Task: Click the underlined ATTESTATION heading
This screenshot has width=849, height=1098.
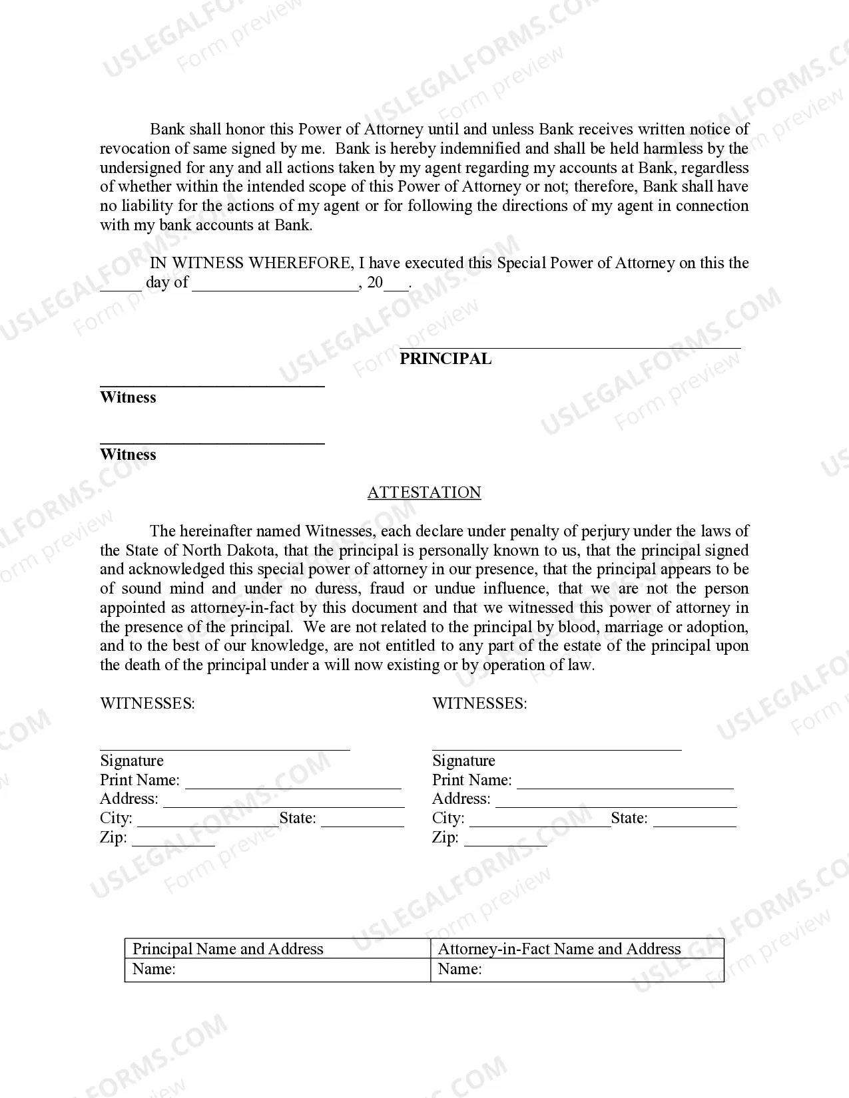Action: pos(424,492)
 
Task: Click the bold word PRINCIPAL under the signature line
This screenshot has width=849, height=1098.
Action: pos(445,359)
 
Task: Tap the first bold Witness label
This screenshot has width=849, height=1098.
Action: pos(128,397)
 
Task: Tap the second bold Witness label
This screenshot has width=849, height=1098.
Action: pos(128,455)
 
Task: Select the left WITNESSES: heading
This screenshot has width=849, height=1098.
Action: pos(147,703)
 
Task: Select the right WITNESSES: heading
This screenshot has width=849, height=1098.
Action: pos(479,703)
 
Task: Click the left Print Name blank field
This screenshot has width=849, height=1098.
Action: pos(293,782)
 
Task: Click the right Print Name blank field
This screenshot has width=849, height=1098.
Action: pos(625,782)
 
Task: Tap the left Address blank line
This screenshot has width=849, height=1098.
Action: pos(284,801)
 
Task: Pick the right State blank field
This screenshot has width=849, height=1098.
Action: pos(695,820)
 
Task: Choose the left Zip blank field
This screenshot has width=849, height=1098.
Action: pos(173,839)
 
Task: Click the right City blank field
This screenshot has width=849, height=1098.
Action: pos(539,820)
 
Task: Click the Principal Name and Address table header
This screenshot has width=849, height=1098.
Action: pos(228,949)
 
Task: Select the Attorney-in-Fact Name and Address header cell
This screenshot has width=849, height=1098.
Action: pos(559,949)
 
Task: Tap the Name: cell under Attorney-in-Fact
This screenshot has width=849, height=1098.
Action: pos(577,970)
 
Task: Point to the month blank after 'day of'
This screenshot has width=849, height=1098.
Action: pos(275,285)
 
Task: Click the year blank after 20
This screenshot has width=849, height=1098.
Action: pos(397,285)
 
